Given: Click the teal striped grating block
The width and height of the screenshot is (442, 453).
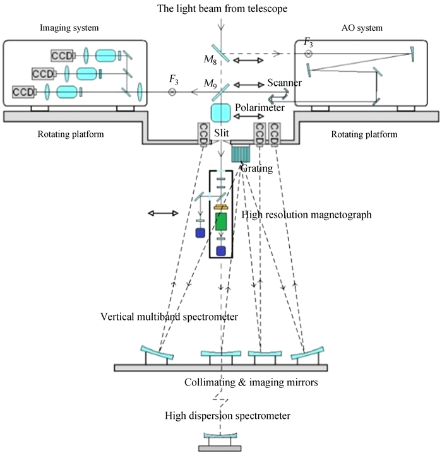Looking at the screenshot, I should point(241,154).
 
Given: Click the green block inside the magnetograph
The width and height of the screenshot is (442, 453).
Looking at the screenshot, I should point(221,221).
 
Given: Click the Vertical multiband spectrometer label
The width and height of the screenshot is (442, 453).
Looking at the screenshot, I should point(169,317).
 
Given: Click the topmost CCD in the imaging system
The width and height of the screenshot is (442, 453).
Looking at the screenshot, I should point(61,56).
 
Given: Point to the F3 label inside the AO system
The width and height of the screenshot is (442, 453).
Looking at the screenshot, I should point(308,42).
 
